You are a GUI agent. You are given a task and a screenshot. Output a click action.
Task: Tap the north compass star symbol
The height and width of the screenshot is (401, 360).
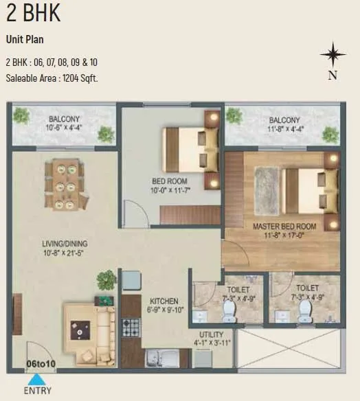pyautogui.click(x=333, y=56)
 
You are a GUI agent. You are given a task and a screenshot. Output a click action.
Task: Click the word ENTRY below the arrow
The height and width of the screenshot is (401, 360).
pyautogui.click(x=37, y=391)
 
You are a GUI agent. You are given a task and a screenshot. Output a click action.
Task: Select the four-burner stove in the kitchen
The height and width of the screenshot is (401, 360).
pyautogui.click(x=131, y=328)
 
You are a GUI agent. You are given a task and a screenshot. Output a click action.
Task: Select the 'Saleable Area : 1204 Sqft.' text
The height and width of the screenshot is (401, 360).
pyautogui.click(x=52, y=78)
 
